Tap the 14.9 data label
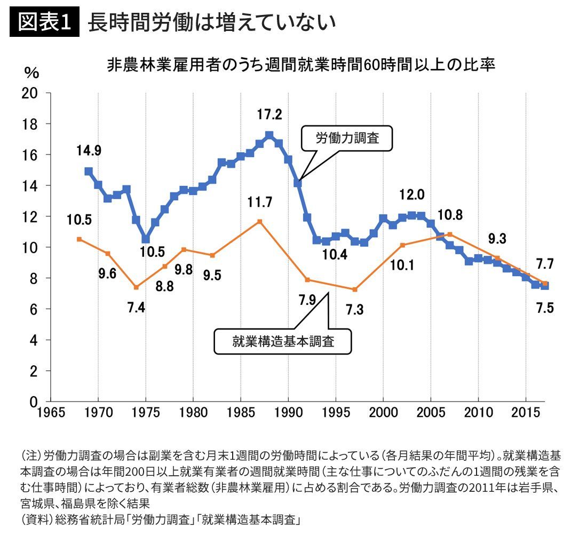tap(89, 150)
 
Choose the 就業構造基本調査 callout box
tap(283, 341)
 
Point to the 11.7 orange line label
tap(260, 202)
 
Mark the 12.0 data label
tap(412, 195)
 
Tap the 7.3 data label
tap(354, 309)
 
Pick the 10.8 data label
tap(450, 215)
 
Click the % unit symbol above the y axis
tap(31, 73)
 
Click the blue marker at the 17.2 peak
tap(269, 135)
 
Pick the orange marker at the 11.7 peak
tap(259, 221)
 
